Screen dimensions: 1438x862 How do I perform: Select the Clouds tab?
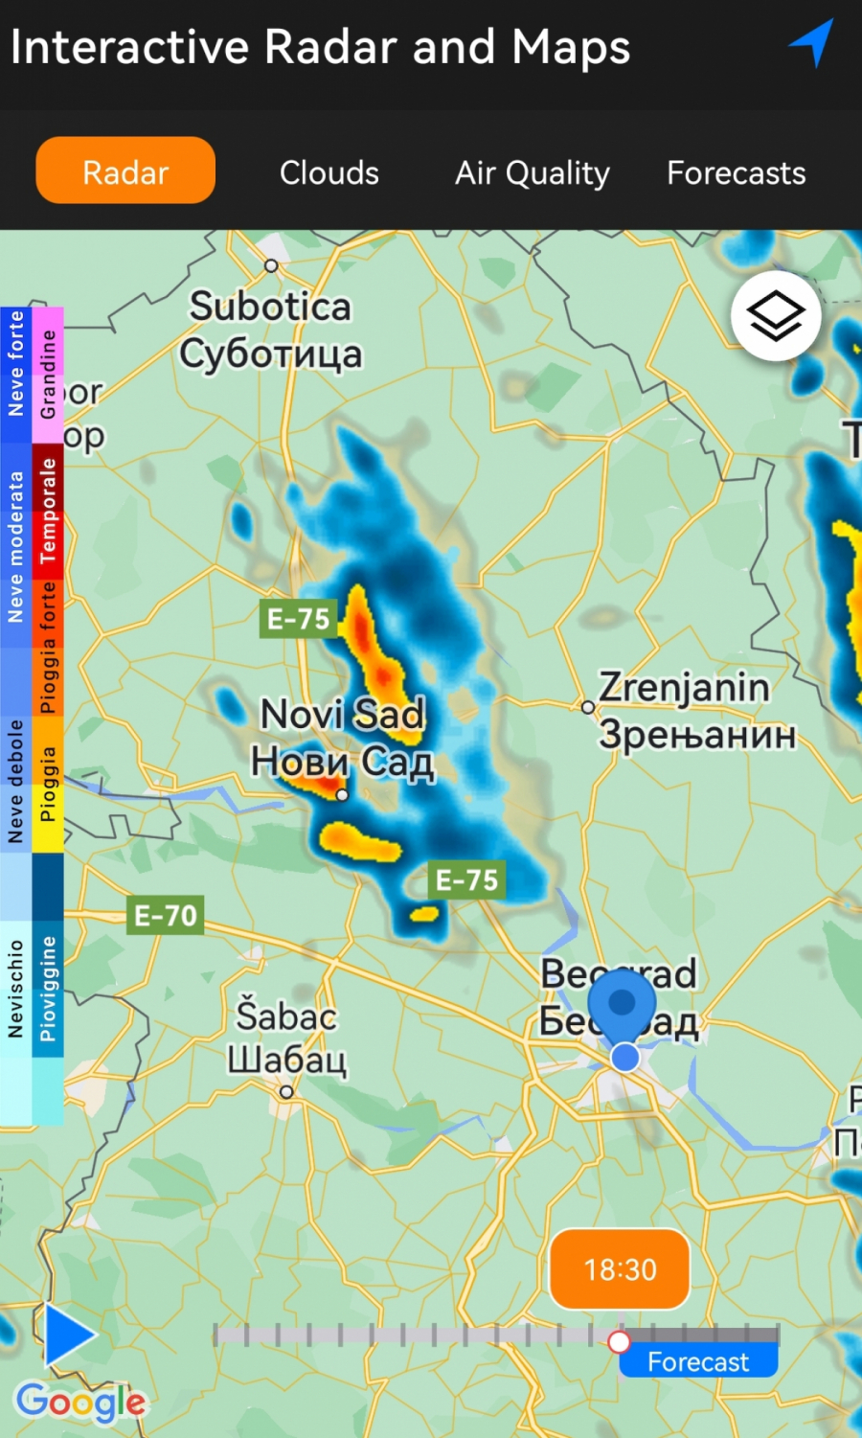tap(329, 172)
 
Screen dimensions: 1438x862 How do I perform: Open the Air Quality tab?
tap(532, 172)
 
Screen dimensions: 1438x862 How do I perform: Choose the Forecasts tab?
tap(736, 172)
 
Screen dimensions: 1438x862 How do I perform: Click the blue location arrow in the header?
tap(811, 43)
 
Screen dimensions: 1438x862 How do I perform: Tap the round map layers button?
tap(775, 316)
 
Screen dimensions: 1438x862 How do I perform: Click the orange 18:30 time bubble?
tap(620, 1269)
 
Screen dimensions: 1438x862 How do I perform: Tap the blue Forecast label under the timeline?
tap(698, 1361)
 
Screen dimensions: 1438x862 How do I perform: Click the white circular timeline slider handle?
tap(620, 1341)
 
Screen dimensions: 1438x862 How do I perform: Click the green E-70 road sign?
tap(165, 916)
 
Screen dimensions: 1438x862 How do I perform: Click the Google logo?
tap(80, 1403)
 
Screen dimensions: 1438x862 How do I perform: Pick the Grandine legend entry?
tap(48, 375)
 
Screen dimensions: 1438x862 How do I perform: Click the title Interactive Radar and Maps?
tap(320, 46)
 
